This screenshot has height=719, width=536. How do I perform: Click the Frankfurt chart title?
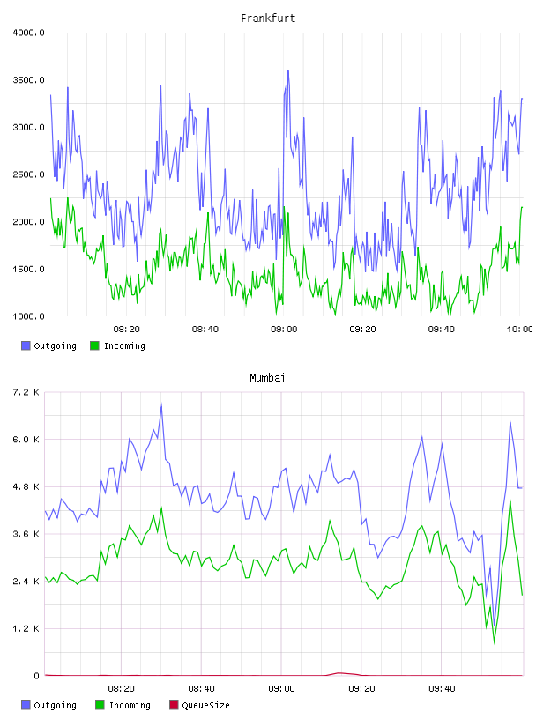pyautogui.click(x=268, y=19)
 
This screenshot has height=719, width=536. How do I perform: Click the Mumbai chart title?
pyautogui.click(x=267, y=378)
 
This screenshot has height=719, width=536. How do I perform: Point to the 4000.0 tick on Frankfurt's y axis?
pyautogui.click(x=28, y=33)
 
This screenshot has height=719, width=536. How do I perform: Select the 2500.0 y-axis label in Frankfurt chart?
pyautogui.click(x=28, y=174)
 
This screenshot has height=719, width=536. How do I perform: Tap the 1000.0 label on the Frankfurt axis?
pyautogui.click(x=28, y=316)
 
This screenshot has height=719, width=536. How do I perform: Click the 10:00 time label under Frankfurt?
pyautogui.click(x=519, y=330)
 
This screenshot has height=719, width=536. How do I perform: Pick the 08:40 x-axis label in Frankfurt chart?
pyautogui.click(x=205, y=330)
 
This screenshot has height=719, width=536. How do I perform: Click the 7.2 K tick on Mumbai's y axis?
pyautogui.click(x=26, y=392)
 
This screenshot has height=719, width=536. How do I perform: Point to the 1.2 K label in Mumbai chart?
pyautogui.click(x=26, y=628)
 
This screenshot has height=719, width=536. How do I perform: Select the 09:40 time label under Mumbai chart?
pyautogui.click(x=442, y=689)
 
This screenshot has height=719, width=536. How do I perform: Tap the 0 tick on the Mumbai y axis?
pyautogui.click(x=37, y=676)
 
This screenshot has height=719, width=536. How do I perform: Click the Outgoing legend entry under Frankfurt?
pyautogui.click(x=48, y=345)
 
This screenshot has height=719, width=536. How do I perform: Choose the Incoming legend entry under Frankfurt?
pyautogui.click(x=117, y=345)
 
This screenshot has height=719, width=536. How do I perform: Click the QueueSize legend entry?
pyautogui.click(x=199, y=705)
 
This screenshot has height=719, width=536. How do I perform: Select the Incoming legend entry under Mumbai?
pyautogui.click(x=123, y=705)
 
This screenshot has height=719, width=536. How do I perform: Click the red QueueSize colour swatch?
pyautogui.click(x=174, y=705)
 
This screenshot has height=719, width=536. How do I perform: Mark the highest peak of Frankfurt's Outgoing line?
pyautogui.click(x=288, y=70)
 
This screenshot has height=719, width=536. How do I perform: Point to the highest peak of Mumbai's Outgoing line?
pyautogui.click(x=161, y=404)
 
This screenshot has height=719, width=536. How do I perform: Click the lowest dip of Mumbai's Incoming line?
pyautogui.click(x=495, y=643)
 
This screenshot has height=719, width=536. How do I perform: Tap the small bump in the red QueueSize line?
pyautogui.click(x=339, y=673)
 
